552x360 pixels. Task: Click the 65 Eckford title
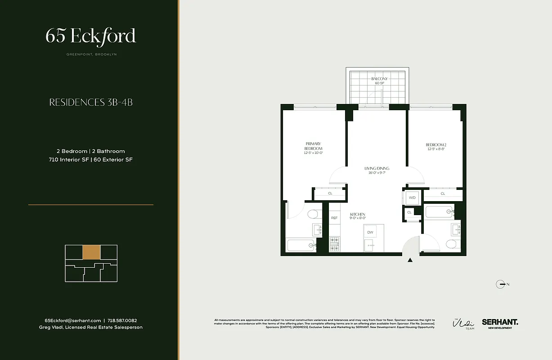90,36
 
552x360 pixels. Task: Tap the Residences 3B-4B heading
90,103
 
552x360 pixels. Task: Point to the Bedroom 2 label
435,147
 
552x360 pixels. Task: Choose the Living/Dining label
377,171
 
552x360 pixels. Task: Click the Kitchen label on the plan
358,216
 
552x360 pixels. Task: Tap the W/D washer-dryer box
412,198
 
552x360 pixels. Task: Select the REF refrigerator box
334,218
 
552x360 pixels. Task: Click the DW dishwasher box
370,232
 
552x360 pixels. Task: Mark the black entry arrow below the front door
410,260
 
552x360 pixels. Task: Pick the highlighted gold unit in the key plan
91,252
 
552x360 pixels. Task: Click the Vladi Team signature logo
463,324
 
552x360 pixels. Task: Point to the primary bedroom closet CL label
330,193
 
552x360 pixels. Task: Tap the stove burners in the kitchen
334,243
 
